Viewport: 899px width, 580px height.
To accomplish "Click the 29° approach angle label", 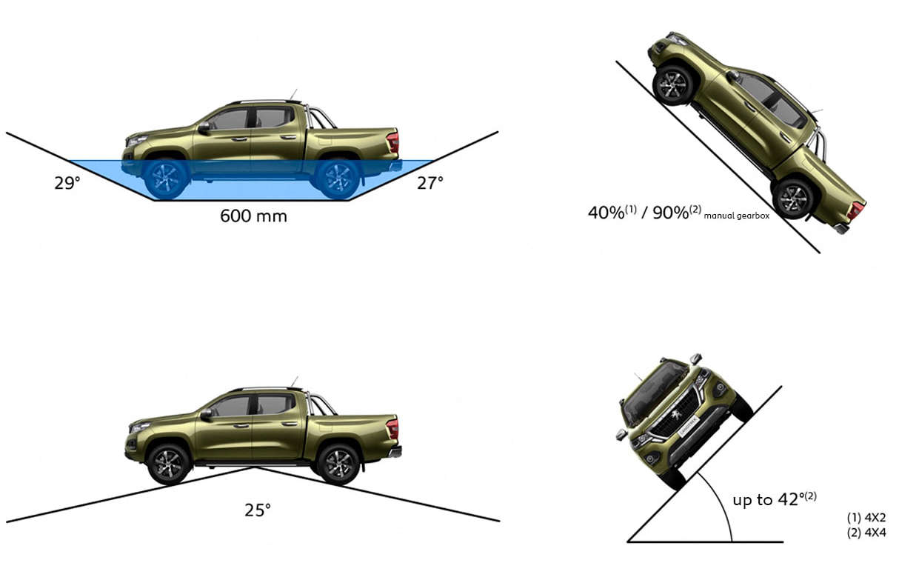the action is pyautogui.click(x=67, y=183).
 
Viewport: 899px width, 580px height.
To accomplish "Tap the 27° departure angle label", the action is pyautogui.click(x=430, y=183).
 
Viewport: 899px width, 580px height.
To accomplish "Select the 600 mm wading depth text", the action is pyautogui.click(x=254, y=216).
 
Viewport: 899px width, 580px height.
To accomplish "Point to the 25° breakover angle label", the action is pyautogui.click(x=258, y=510).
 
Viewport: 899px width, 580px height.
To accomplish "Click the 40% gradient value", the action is pyautogui.click(x=606, y=213).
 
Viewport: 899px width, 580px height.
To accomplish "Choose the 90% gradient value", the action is pyautogui.click(x=671, y=213).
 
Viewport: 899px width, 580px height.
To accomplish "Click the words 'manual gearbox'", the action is pyautogui.click(x=737, y=216).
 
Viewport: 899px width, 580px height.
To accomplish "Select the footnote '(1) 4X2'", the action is pyautogui.click(x=866, y=518).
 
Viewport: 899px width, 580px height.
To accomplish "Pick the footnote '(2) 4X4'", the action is pyautogui.click(x=866, y=533).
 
